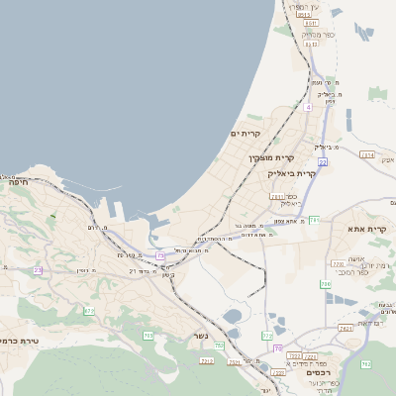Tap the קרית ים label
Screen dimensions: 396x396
point(246,134)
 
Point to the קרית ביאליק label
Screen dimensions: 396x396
point(292,173)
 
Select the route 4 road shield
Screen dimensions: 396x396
point(308,107)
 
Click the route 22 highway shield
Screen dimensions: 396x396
point(323,160)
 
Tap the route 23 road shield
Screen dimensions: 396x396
point(39,269)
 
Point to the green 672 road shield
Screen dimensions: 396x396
point(89,311)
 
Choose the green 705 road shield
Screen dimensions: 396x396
point(148,336)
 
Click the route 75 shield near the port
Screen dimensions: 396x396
point(160,255)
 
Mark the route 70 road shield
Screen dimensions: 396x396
point(278,348)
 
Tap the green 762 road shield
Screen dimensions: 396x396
point(366,364)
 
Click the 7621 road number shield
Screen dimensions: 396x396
point(346,327)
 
